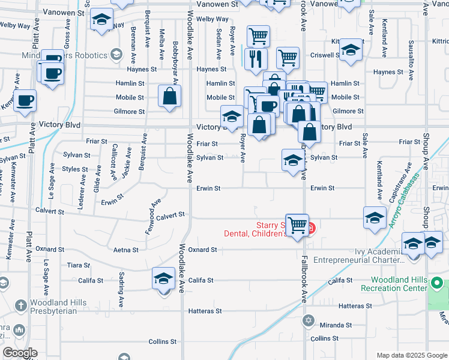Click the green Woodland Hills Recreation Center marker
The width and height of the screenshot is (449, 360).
[438, 283]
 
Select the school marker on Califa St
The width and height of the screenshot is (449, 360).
[163, 279]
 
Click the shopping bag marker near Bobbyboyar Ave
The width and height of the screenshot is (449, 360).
[170, 96]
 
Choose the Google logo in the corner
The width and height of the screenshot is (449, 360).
[20, 353]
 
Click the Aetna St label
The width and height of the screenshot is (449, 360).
[126, 250]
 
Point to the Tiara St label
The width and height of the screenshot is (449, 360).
[79, 265]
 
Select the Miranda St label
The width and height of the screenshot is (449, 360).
[336, 325]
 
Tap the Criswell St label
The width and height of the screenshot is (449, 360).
[325, 55]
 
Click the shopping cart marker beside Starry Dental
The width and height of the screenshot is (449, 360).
[297, 226]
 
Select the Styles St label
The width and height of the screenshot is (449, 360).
[75, 169]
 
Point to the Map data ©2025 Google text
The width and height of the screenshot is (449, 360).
[411, 355]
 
